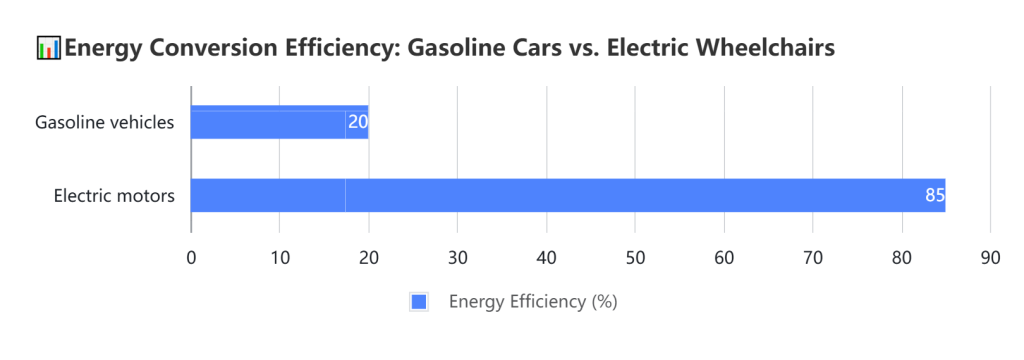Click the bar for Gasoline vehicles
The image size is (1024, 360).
[x=279, y=122]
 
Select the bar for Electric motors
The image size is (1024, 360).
[x=567, y=195]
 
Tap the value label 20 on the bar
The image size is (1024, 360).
[x=358, y=122]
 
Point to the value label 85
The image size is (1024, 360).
[x=934, y=195]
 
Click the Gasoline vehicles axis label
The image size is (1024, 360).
[x=105, y=122]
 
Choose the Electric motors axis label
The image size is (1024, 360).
[x=114, y=195]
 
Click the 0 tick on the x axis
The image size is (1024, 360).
[x=191, y=257]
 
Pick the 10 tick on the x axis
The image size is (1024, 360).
[x=280, y=257]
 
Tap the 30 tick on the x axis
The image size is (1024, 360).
[x=457, y=257]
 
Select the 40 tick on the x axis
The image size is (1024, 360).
[x=546, y=257]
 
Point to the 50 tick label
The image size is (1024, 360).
[x=635, y=257]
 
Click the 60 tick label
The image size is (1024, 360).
[x=724, y=257]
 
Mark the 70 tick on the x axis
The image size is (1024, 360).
[x=813, y=257]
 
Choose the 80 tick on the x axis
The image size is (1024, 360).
[x=902, y=257]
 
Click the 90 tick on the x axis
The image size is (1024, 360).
[x=990, y=257]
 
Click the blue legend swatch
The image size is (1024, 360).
[x=419, y=302]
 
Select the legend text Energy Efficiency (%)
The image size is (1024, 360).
[x=533, y=302]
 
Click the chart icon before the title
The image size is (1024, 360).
[x=48, y=47]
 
